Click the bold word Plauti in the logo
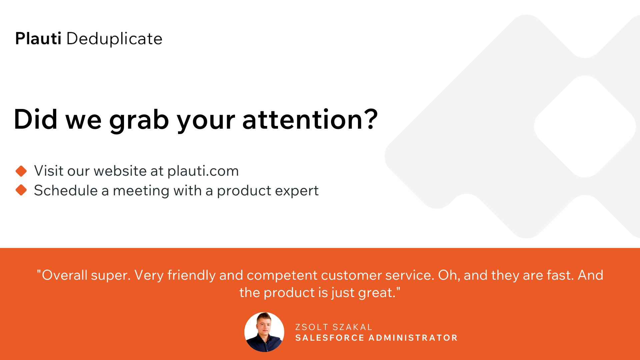click(x=38, y=38)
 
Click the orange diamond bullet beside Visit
click(x=21, y=171)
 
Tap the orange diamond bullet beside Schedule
click(x=21, y=190)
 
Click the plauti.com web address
click(x=203, y=171)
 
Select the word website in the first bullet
click(x=120, y=171)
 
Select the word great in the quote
click(x=376, y=293)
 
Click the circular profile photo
click(x=264, y=332)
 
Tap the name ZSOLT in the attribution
click(x=312, y=327)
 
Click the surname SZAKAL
click(x=352, y=327)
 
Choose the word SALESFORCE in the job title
click(x=330, y=338)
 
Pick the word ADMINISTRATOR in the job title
click(x=413, y=338)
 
